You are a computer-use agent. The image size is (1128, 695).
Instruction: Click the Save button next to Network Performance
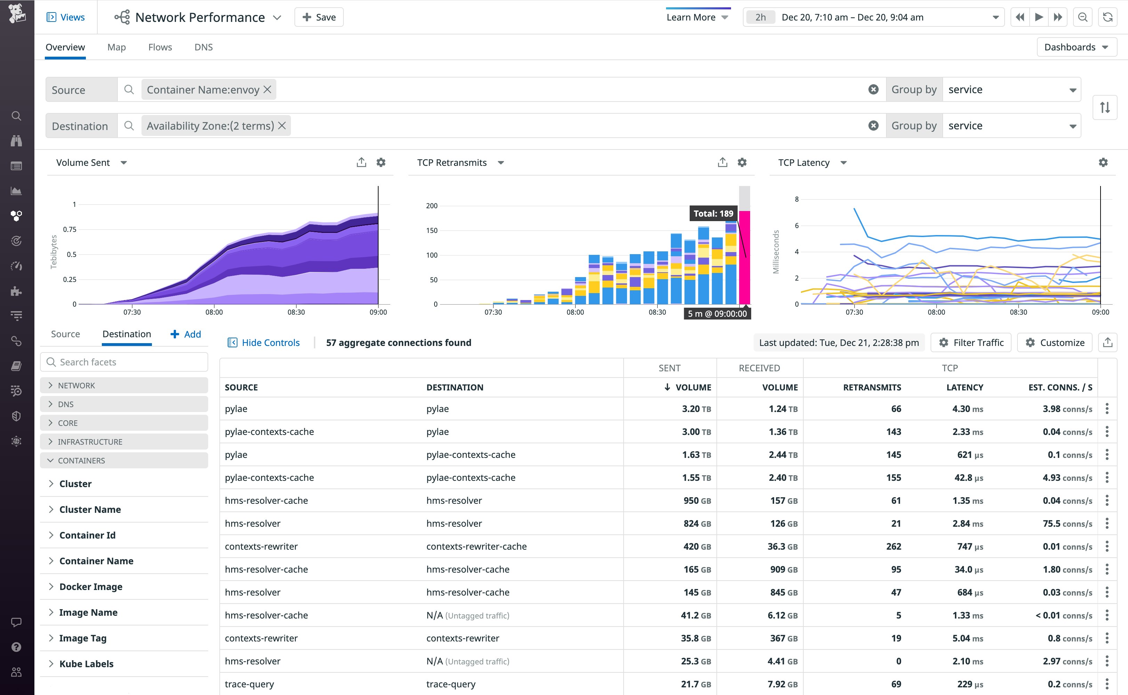(x=319, y=17)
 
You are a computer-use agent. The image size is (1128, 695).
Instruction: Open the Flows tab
(x=160, y=47)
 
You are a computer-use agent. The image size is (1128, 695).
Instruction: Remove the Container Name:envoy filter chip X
(x=267, y=90)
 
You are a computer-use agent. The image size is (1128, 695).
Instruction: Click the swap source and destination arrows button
(x=1105, y=107)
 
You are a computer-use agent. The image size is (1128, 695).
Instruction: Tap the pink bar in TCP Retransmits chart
(x=744, y=257)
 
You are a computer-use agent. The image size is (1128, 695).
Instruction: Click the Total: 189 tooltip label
(x=713, y=214)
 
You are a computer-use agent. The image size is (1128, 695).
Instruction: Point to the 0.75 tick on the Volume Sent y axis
(x=70, y=229)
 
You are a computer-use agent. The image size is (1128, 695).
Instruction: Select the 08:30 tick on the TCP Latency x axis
(x=1018, y=312)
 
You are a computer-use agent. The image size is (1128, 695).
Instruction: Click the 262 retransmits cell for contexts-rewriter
(x=893, y=547)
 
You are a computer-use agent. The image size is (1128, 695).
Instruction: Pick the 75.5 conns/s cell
(x=1067, y=524)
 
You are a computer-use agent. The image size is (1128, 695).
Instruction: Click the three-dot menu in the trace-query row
(x=1107, y=684)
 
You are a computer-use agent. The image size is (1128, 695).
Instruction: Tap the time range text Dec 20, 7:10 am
(x=814, y=17)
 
